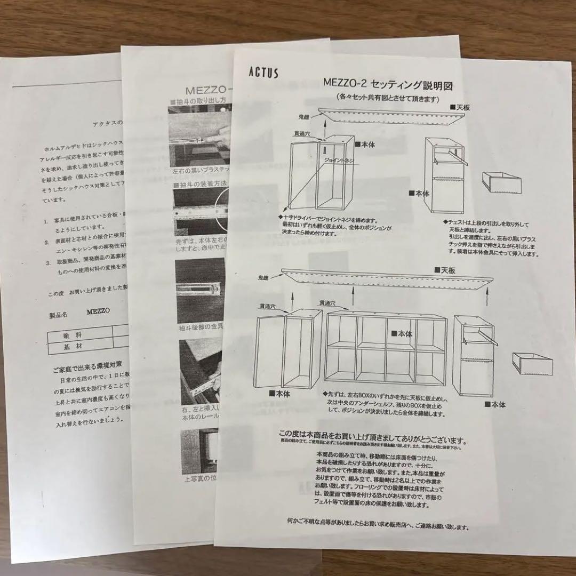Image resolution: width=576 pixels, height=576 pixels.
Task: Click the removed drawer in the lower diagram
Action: (532, 363)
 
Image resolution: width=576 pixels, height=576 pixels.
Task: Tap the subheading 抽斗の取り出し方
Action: (201, 101)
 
